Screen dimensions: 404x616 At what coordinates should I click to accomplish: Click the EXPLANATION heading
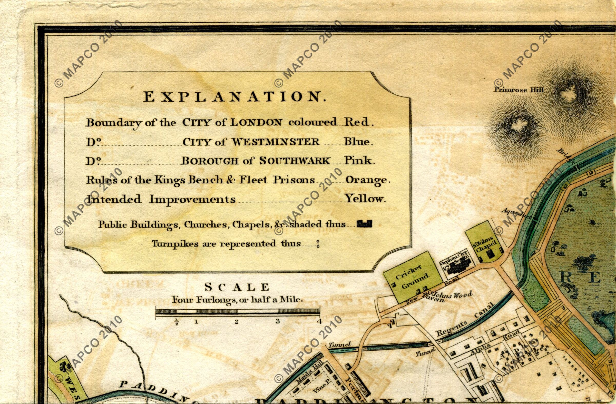235,97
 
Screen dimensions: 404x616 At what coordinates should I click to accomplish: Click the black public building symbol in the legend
364,224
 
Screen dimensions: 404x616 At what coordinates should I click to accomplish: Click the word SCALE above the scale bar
237,287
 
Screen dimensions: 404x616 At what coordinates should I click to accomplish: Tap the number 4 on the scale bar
320,322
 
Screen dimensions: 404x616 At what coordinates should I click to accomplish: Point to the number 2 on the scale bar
236,322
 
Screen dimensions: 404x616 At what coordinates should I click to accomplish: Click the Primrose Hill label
519,90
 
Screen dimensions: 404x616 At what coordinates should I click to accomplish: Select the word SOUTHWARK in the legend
295,161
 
